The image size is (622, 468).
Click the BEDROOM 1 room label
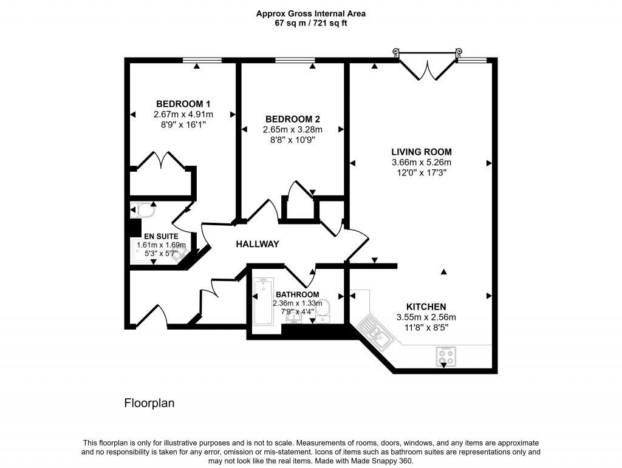pyautogui.click(x=183, y=103)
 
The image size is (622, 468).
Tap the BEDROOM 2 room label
pyautogui.click(x=292, y=119)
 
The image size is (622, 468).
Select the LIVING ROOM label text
pyautogui.click(x=421, y=152)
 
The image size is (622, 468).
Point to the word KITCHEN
pyautogui.click(x=426, y=307)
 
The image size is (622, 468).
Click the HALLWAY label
pyautogui.click(x=258, y=244)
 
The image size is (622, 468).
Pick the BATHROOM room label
pyautogui.click(x=297, y=294)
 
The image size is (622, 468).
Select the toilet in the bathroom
pyautogui.click(x=325, y=308)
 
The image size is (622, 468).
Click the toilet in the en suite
pyautogui.click(x=145, y=210)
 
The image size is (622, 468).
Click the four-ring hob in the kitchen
pyautogui.click(x=446, y=356)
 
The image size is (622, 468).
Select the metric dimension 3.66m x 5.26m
pyautogui.click(x=421, y=162)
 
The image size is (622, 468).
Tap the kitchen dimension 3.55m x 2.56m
pyautogui.click(x=426, y=317)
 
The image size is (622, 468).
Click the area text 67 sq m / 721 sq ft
pyautogui.click(x=310, y=23)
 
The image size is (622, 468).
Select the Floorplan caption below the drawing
pyautogui.click(x=149, y=402)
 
